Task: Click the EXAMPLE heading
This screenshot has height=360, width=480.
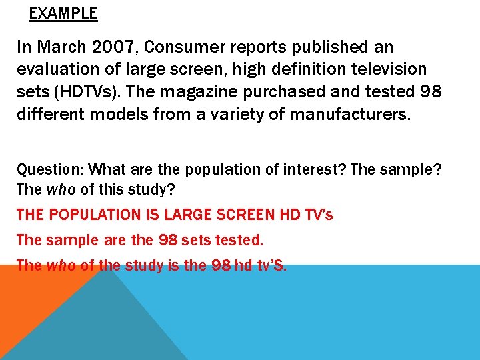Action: (63, 13)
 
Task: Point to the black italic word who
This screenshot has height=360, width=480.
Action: (61, 189)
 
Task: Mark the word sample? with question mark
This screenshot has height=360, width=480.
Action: (417, 169)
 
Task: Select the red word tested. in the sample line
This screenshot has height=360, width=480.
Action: (239, 240)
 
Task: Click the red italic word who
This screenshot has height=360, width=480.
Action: (61, 265)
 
